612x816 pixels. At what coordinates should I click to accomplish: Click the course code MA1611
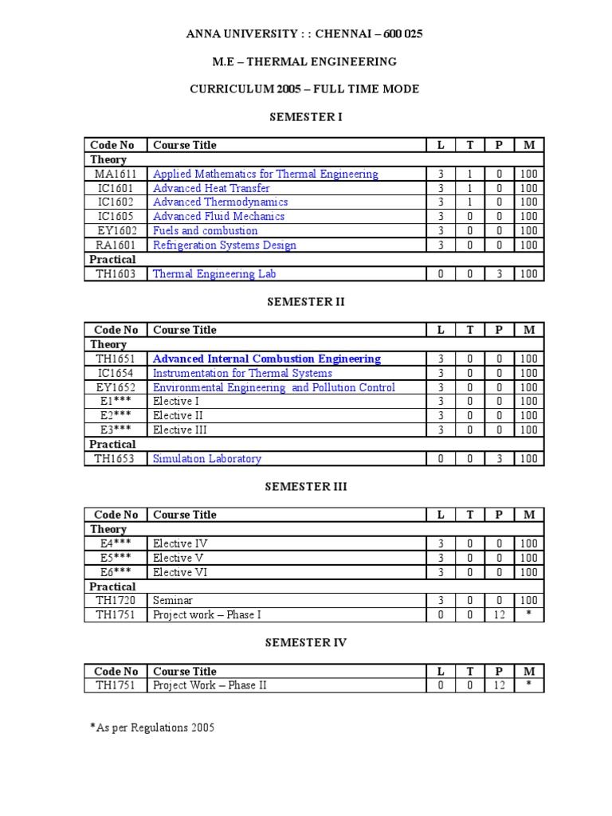point(116,174)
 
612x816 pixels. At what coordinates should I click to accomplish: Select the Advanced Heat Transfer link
point(211,188)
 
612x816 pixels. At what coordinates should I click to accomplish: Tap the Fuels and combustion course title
point(205,231)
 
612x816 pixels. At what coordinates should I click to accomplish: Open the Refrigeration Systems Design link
point(224,245)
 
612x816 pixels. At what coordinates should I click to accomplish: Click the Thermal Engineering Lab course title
point(214,274)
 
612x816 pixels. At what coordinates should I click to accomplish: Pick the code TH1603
point(116,274)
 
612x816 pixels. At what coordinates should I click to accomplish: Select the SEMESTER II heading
point(306,302)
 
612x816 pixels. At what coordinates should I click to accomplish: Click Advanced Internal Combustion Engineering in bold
point(266,359)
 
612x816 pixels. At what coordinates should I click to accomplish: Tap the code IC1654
point(116,373)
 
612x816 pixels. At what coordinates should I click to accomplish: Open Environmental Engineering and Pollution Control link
point(273,387)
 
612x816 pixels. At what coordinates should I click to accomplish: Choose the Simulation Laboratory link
point(206,459)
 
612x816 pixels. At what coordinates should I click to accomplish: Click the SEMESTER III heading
point(306,487)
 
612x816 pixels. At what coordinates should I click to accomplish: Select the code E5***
point(116,558)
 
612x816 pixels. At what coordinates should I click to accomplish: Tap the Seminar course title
point(173,600)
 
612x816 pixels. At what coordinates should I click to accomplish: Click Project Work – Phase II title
point(210,685)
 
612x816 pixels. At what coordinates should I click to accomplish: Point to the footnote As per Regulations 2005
point(151,728)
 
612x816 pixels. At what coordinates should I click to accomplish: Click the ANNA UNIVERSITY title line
point(305,33)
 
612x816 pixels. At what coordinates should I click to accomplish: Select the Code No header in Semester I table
point(112,145)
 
